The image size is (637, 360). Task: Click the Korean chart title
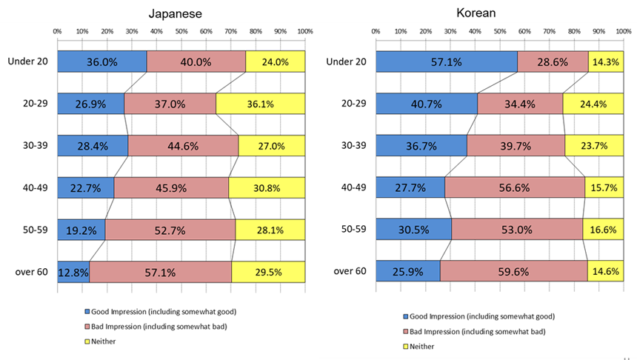pyautogui.click(x=497, y=13)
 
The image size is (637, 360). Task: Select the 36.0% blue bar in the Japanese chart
pyautogui.click(x=101, y=62)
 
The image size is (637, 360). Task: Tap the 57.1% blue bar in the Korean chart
pyautogui.click(x=446, y=62)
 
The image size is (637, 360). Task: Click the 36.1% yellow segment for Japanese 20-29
pyautogui.click(x=260, y=104)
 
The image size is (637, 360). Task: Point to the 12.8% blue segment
pyautogui.click(x=73, y=272)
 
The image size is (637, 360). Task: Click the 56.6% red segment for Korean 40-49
pyautogui.click(x=514, y=188)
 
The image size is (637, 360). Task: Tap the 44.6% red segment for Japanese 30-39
pyautogui.click(x=183, y=146)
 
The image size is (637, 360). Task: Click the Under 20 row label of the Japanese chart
pyautogui.click(x=27, y=62)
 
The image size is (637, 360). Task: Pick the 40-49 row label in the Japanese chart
pyautogui.click(x=33, y=188)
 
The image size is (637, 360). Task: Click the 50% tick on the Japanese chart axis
pyautogui.click(x=181, y=31)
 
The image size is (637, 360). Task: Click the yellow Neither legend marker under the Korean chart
pyautogui.click(x=406, y=346)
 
